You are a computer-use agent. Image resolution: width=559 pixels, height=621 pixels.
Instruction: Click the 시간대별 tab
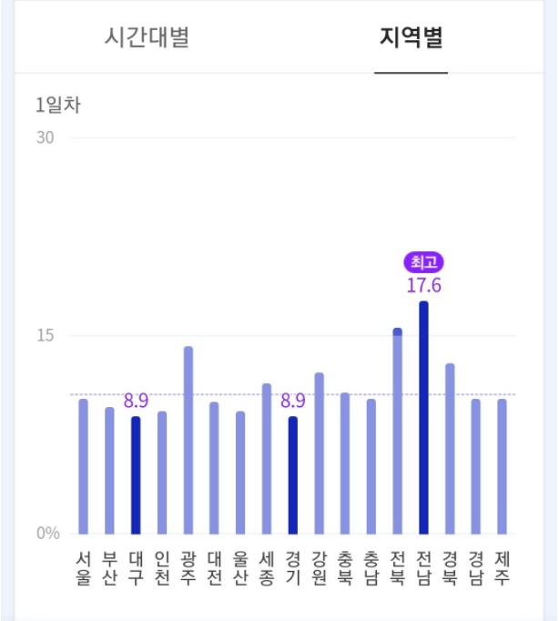tap(147, 39)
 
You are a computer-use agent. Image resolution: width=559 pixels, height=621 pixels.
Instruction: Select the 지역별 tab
tap(412, 39)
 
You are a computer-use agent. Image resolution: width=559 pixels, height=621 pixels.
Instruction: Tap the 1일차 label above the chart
tap(58, 105)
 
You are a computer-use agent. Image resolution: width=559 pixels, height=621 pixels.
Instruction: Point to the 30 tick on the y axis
tap(46, 138)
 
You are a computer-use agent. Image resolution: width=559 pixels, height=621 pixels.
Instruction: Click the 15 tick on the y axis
tap(46, 335)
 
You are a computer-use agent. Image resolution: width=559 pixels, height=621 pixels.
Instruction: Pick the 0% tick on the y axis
tap(48, 534)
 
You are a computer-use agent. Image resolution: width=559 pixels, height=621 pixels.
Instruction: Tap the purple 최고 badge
tap(423, 263)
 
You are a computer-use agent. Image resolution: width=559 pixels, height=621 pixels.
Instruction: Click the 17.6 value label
tap(423, 285)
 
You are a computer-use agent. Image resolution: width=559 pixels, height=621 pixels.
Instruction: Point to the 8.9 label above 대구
tap(136, 401)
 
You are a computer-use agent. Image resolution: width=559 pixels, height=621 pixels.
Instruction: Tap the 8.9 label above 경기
tap(293, 401)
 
